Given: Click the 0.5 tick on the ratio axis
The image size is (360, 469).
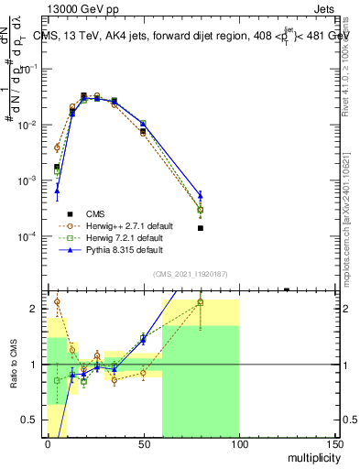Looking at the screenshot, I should tap(32, 420).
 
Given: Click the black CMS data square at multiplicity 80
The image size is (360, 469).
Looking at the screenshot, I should tap(201, 227).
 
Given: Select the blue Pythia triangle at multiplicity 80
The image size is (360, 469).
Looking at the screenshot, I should tap(201, 194).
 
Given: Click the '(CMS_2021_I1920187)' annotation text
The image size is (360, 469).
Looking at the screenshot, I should tap(189, 274).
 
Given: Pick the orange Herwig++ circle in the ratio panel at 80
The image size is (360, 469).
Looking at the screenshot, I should tap(201, 301).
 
